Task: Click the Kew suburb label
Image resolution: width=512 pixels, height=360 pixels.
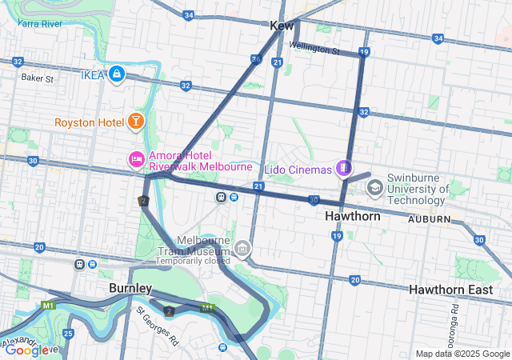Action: (282, 26)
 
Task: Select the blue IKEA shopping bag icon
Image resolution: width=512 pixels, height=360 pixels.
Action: (118, 74)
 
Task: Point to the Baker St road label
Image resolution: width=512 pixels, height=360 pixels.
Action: (37, 78)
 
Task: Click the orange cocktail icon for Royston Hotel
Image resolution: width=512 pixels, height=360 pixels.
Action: (135, 122)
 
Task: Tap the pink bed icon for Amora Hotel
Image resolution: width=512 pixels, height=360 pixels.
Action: (136, 161)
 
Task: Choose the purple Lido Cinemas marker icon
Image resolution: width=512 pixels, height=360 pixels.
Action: (343, 168)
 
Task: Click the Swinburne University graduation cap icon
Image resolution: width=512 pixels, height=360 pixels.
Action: (374, 188)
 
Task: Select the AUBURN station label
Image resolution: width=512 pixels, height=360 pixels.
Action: (430, 218)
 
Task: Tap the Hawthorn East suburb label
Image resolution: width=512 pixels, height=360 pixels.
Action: (450, 290)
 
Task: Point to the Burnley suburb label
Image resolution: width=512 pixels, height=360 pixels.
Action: (130, 288)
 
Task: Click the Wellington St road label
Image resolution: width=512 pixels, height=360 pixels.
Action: (314, 49)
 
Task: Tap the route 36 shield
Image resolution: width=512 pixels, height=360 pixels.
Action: (256, 59)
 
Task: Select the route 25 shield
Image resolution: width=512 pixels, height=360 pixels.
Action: (68, 332)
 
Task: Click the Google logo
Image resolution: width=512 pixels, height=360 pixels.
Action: (26, 350)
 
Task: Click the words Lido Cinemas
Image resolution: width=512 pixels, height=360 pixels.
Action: (304, 170)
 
